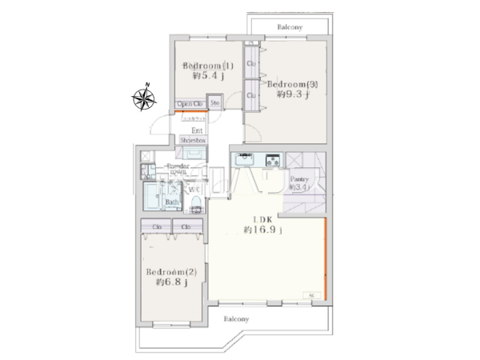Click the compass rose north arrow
point(145,98)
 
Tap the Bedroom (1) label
point(207,65)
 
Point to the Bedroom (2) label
point(177,272)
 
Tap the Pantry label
point(300,179)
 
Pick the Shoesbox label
point(193,140)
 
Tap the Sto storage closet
point(215,102)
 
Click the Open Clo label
point(190,103)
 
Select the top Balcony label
point(290,26)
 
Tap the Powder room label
point(178,170)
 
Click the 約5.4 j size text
point(207,77)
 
